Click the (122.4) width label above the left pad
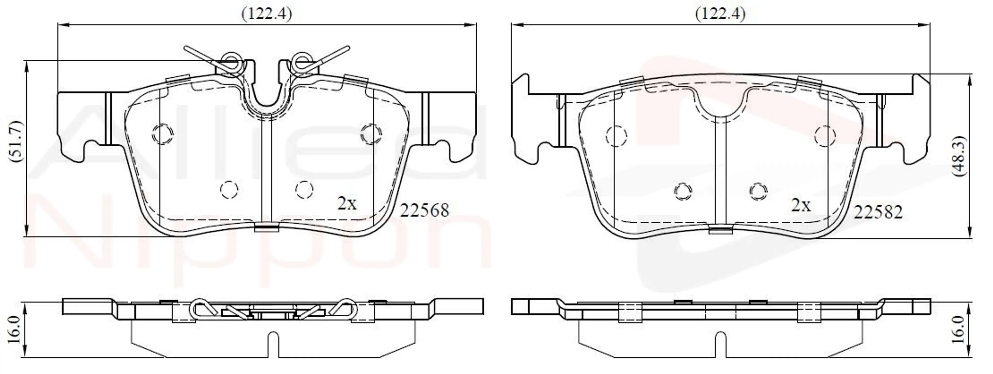coord(267,14)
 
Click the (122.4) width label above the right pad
coord(720,14)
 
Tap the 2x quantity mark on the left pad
coord(347,203)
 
